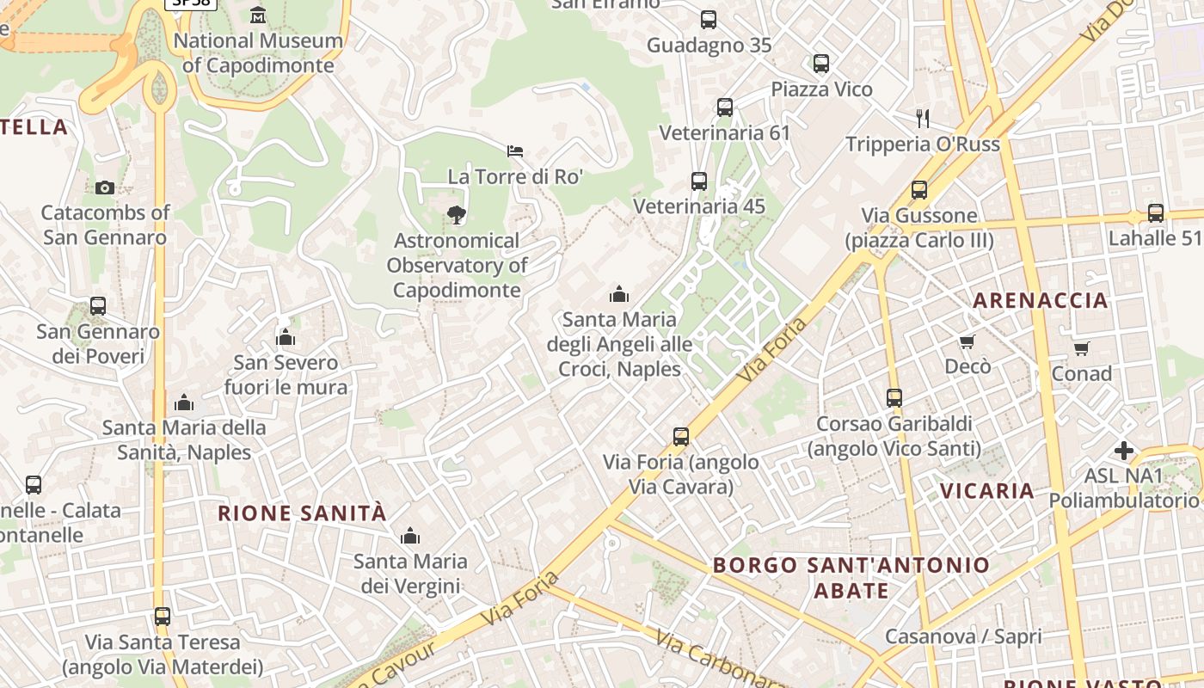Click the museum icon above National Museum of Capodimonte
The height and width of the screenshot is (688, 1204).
click(257, 15)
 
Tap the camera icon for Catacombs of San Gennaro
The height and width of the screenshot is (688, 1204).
click(104, 187)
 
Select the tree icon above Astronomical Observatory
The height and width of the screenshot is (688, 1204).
click(457, 215)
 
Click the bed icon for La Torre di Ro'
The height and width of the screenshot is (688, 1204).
click(515, 151)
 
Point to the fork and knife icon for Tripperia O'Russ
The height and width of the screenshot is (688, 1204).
click(923, 119)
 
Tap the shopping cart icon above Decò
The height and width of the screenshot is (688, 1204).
click(967, 342)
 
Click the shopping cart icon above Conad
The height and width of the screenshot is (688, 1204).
click(1081, 348)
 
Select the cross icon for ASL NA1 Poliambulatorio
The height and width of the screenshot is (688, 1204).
click(1123, 451)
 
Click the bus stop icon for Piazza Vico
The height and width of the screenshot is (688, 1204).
click(821, 64)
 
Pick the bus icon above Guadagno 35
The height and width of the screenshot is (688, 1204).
click(709, 20)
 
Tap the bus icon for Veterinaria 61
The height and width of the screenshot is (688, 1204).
click(725, 107)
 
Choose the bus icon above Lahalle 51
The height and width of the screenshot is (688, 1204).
click(1155, 213)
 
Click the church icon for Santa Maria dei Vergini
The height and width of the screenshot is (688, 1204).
click(410, 537)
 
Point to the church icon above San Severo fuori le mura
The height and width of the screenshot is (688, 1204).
click(286, 338)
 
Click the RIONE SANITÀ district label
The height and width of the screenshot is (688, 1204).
click(302, 513)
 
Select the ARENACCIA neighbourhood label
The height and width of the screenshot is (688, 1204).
click(1040, 300)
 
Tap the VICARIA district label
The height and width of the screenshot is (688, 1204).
click(986, 491)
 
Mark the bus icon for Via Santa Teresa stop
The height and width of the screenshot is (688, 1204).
click(163, 617)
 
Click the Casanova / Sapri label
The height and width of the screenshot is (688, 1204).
click(963, 637)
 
